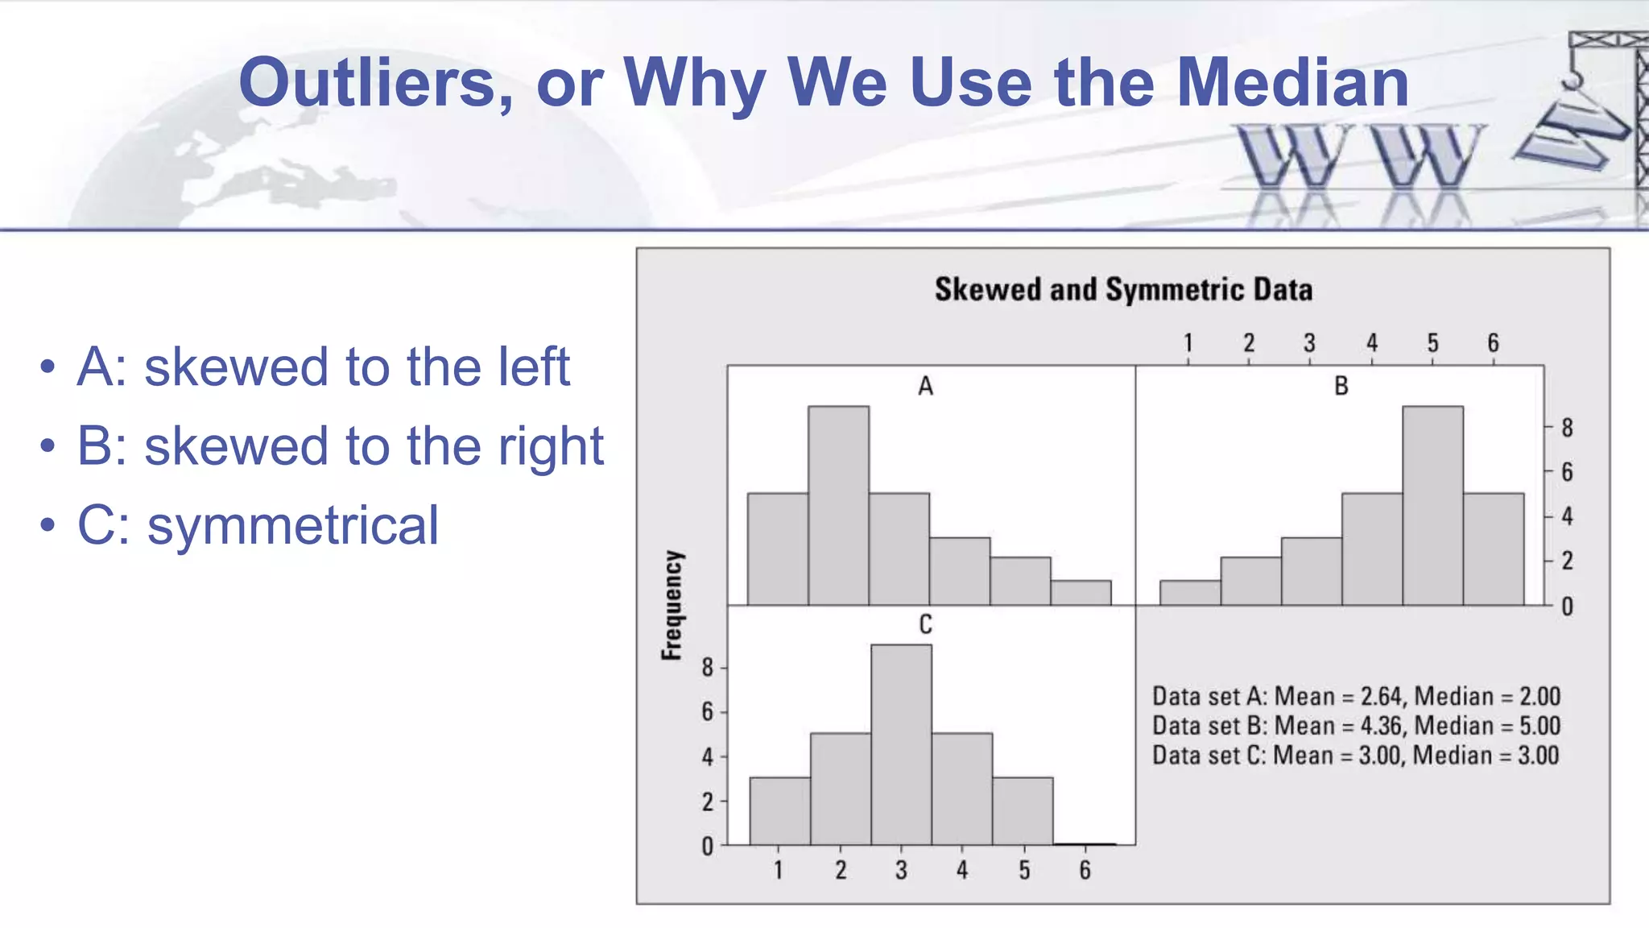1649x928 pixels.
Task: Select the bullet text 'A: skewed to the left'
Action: [324, 367]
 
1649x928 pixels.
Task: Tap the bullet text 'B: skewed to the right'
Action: [340, 446]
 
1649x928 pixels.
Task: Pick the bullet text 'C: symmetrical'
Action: [258, 525]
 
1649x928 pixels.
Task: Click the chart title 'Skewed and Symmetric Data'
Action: [1123, 290]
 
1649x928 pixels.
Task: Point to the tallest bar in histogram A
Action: [838, 506]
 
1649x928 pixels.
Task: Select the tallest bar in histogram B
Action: [1432, 506]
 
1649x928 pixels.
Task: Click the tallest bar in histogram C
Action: [901, 745]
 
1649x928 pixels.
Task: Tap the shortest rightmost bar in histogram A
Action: [1081, 593]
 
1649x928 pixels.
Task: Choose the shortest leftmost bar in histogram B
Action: [1190, 593]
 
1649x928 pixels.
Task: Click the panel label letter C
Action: [925, 624]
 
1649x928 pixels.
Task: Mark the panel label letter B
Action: [1341, 386]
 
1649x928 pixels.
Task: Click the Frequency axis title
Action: [672, 606]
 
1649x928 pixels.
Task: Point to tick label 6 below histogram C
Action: [1085, 870]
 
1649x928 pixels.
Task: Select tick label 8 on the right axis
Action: [1567, 428]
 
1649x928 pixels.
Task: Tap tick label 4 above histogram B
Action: [1371, 343]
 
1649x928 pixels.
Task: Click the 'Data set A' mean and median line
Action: [1356, 696]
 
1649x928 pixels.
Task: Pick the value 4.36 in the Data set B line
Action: [1381, 726]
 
